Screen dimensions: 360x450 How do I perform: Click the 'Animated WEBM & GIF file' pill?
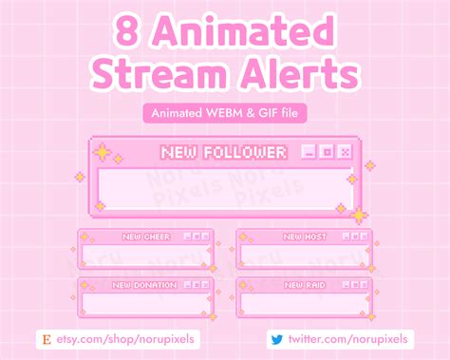[224, 113]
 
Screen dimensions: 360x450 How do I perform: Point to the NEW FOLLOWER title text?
[224, 152]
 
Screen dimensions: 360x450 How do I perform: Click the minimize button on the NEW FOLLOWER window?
[308, 152]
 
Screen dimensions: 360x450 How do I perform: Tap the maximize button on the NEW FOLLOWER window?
[326, 152]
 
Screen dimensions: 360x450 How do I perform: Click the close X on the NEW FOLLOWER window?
[344, 152]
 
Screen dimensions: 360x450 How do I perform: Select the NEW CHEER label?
[145, 237]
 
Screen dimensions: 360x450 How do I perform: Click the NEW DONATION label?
[144, 284]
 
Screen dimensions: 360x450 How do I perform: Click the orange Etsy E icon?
[46, 338]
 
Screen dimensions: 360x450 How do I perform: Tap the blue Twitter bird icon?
[276, 338]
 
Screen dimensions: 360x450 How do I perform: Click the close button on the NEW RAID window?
[363, 284]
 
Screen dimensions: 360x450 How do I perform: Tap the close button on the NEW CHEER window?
[205, 237]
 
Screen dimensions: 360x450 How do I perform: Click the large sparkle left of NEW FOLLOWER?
[101, 151]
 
